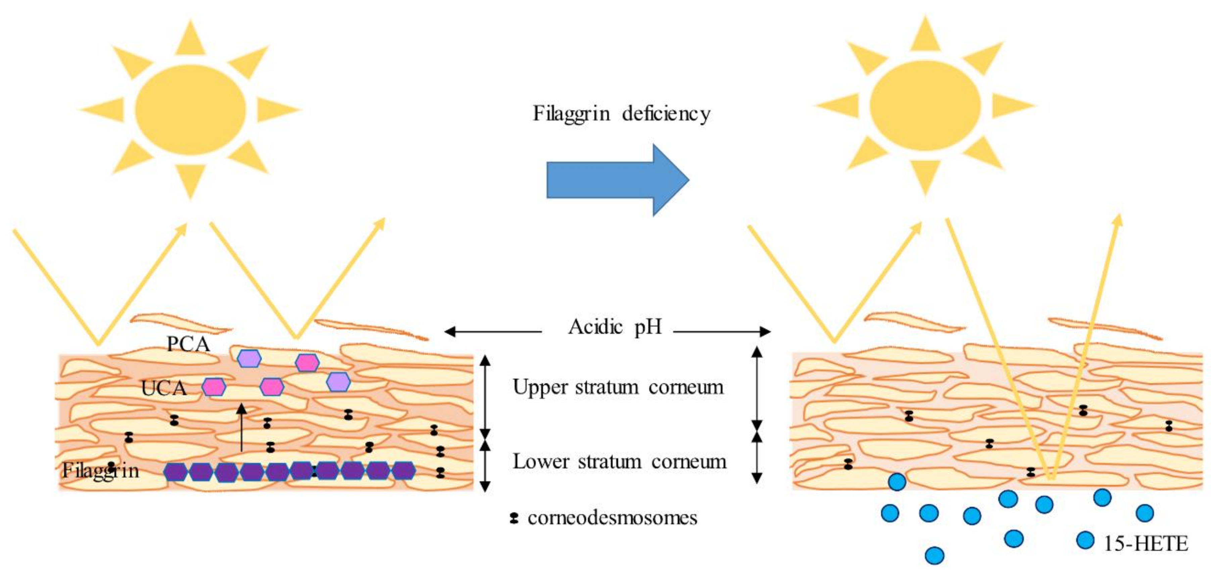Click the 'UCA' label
163,388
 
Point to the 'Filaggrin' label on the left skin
101,471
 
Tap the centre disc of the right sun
925,105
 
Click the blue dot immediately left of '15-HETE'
1085,540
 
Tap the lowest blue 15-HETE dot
934,555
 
